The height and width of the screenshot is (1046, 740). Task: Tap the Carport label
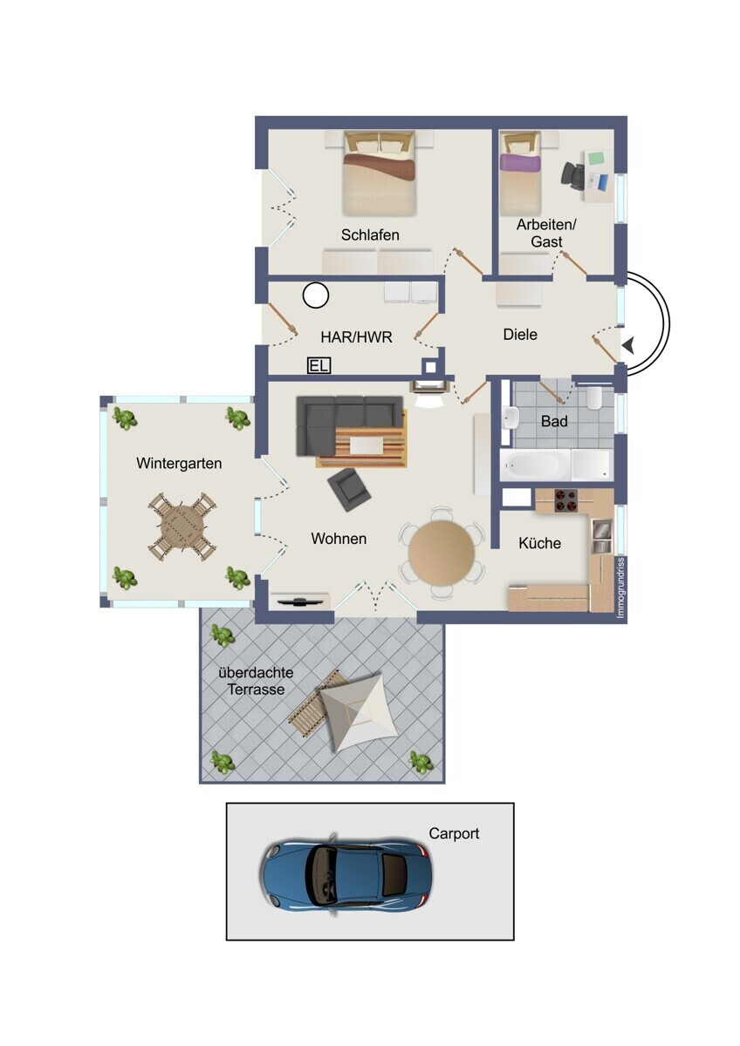[454, 834]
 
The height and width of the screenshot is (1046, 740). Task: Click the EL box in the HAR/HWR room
[319, 365]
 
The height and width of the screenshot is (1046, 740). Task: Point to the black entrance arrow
[629, 345]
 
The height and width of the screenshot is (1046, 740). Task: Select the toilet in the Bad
[595, 397]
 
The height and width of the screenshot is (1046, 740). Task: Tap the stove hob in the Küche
[565, 500]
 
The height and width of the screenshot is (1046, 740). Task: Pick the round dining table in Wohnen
[442, 553]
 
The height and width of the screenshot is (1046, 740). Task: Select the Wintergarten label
[179, 464]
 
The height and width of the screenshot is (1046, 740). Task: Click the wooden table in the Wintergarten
[182, 527]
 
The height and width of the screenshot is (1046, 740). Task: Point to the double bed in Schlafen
[379, 173]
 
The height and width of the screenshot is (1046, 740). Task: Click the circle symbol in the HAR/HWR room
[316, 295]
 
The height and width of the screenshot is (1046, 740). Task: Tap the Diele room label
[520, 335]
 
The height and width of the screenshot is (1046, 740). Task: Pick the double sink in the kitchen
[601, 536]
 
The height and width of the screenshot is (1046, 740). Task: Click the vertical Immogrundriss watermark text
[620, 588]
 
